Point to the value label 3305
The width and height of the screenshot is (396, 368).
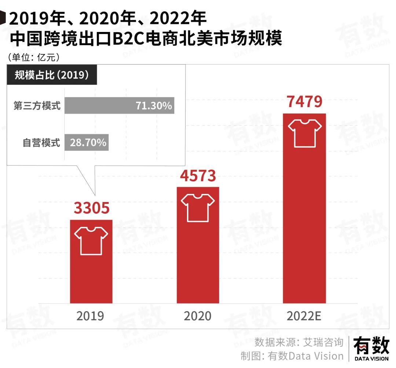[92, 208]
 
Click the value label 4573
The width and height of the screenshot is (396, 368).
[198, 176]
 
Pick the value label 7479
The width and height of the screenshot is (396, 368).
[304, 102]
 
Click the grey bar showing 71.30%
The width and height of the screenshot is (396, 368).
[119, 106]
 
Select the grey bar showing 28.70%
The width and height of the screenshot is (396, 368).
[87, 142]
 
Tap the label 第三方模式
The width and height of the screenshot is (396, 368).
[37, 106]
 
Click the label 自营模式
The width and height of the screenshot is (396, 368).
[41, 142]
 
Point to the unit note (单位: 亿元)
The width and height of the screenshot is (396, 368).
[34, 58]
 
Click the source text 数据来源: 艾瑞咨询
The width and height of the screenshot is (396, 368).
[299, 342]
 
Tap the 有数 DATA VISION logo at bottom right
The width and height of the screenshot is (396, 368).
[371, 349]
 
